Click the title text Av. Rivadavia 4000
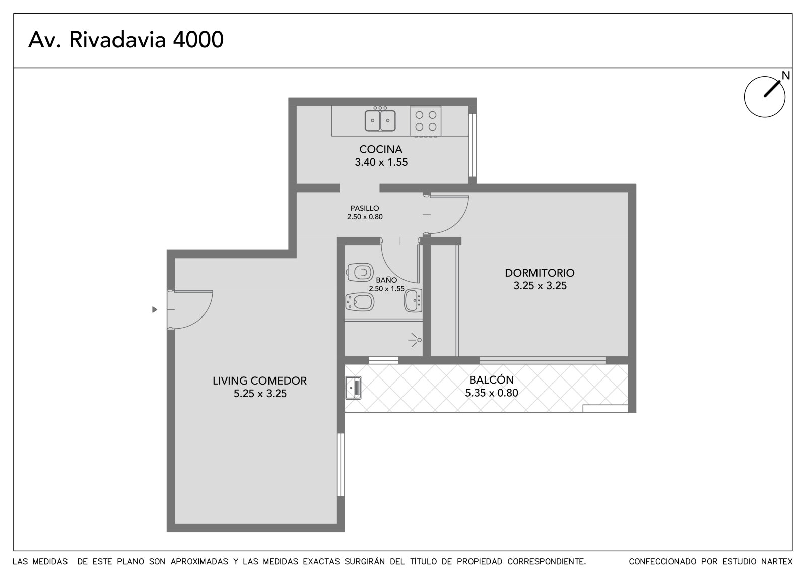tap(126, 40)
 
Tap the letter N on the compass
tap(786, 76)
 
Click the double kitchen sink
tap(380, 120)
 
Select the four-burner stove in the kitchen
tap(426, 121)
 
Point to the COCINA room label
tap(381, 149)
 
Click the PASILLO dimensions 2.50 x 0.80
tap(365, 217)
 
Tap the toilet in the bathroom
tap(360, 272)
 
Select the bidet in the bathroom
tap(360, 302)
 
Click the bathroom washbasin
tap(413, 300)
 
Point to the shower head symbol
tap(415, 340)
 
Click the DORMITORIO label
tap(540, 273)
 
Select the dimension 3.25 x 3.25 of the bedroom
tap(540, 286)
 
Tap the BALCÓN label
tap(492, 380)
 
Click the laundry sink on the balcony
tap(353, 388)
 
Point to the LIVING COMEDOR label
tap(259, 381)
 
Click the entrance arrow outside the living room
tap(155, 309)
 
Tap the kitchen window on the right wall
tap(473, 145)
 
